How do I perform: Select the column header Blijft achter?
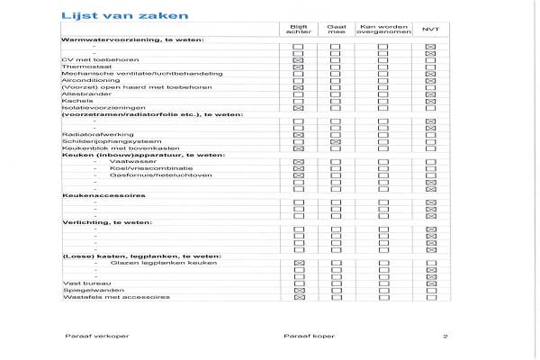click(298, 31)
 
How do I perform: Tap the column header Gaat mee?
click(335, 31)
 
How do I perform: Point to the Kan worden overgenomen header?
click(383, 31)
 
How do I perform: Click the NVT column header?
click(430, 31)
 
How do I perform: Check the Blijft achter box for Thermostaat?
click(298, 67)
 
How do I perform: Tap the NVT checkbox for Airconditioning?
click(430, 80)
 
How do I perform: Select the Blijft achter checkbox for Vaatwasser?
click(298, 162)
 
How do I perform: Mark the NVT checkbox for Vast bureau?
click(430, 283)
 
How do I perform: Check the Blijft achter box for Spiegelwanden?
click(298, 291)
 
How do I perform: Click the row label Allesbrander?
click(80, 94)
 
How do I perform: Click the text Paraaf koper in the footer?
click(302, 336)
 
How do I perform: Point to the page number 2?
click(445, 336)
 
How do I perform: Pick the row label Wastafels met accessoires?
click(103, 297)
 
